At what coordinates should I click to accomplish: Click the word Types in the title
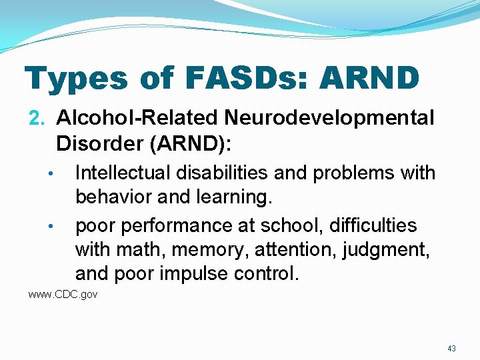(x=76, y=79)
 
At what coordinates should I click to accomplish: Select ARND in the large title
(x=369, y=78)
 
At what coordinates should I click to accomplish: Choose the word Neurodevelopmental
(x=329, y=119)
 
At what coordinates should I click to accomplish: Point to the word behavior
(x=114, y=198)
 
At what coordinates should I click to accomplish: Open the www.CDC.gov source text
(x=63, y=295)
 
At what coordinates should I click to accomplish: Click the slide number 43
(x=451, y=348)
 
